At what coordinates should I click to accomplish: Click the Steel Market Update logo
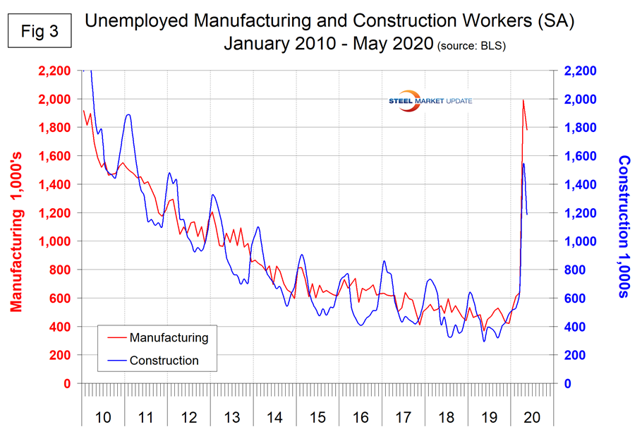pyautogui.click(x=430, y=101)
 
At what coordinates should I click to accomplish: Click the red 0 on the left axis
pyautogui.click(x=68, y=384)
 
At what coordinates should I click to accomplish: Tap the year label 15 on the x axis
pyautogui.click(x=317, y=417)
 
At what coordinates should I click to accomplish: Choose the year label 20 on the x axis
pyautogui.click(x=532, y=417)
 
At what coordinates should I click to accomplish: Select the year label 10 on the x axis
pyautogui.click(x=103, y=417)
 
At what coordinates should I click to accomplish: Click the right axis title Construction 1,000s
pyautogui.click(x=624, y=227)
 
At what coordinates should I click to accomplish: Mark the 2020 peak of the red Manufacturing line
pyautogui.click(x=523, y=100)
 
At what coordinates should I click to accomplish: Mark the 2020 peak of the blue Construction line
pyautogui.click(x=523, y=164)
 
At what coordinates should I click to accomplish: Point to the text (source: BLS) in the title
pyautogui.click(x=473, y=46)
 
